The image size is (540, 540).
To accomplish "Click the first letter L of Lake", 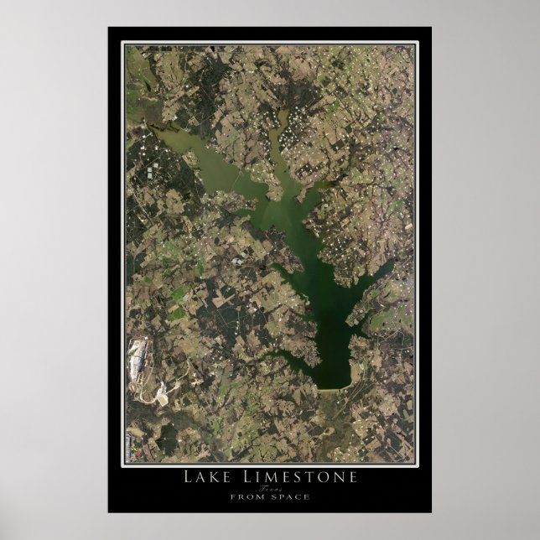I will tap(188, 477).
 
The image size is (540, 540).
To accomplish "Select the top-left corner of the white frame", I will tap(125, 44).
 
